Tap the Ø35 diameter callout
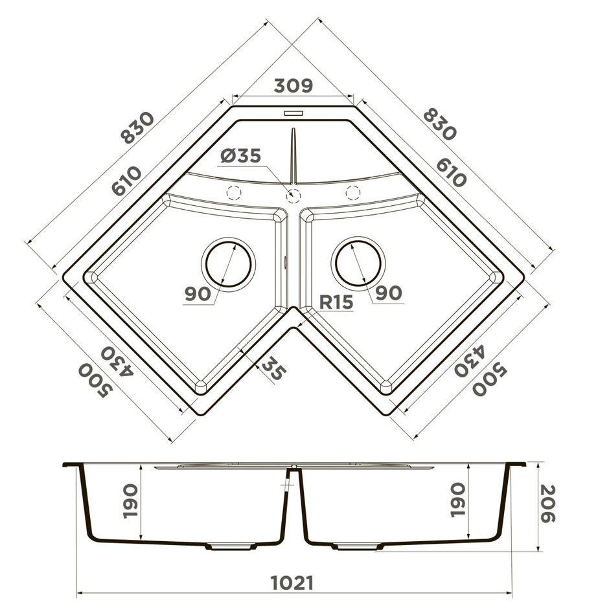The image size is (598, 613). (x=240, y=156)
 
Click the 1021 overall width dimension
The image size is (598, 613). (x=292, y=583)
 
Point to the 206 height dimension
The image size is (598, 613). (x=547, y=504)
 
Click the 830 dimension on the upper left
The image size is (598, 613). (x=138, y=128)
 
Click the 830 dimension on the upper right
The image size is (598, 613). (x=440, y=124)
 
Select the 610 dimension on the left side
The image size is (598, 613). (x=127, y=181)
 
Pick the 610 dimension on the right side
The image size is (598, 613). (x=451, y=172)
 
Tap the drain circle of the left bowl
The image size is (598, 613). (x=229, y=263)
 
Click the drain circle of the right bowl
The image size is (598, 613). (x=358, y=263)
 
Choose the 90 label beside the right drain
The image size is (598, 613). (x=389, y=293)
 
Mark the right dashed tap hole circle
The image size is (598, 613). (x=353, y=192)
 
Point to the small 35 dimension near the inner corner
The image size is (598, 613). (x=273, y=370)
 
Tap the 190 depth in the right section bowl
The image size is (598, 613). (x=457, y=500)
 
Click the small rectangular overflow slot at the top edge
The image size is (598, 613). (x=293, y=113)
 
